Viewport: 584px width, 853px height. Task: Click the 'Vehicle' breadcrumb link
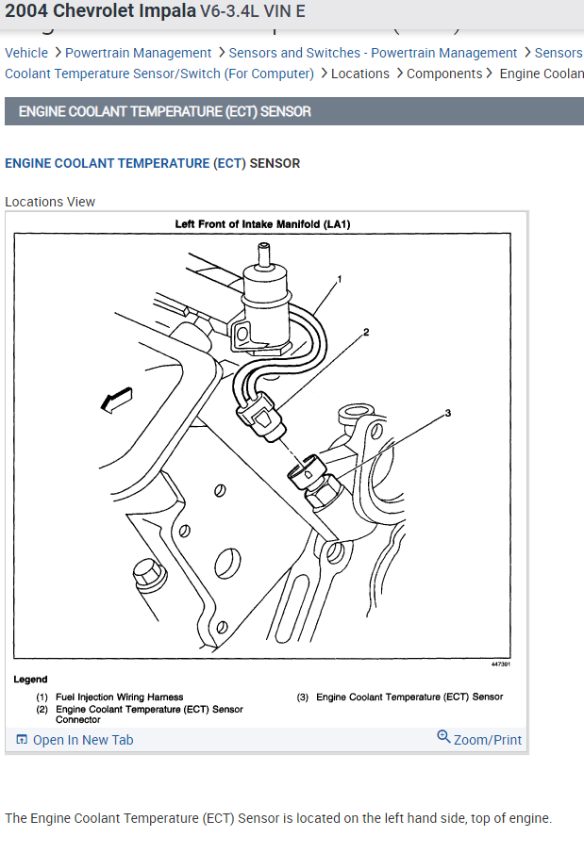[26, 53]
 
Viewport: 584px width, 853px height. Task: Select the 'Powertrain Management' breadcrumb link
[138, 53]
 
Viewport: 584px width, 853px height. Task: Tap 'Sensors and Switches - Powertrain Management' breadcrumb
[373, 53]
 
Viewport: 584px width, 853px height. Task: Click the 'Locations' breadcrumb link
[359, 74]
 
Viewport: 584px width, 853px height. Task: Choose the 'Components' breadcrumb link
[443, 74]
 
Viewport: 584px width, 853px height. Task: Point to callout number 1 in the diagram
[340, 279]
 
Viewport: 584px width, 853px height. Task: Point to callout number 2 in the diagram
[366, 332]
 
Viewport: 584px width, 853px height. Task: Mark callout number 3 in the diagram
[448, 413]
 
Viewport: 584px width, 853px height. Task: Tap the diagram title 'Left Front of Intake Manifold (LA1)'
[262, 224]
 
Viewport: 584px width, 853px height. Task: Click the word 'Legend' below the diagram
[30, 679]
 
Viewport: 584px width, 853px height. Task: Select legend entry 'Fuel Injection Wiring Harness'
[119, 697]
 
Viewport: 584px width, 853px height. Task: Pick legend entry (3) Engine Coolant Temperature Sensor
[409, 697]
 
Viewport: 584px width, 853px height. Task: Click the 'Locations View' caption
[50, 202]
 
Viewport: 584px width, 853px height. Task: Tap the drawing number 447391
[500, 664]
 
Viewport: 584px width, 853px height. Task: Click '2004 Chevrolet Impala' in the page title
[101, 11]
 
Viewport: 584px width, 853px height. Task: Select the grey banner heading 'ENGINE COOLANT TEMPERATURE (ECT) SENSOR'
[165, 111]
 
